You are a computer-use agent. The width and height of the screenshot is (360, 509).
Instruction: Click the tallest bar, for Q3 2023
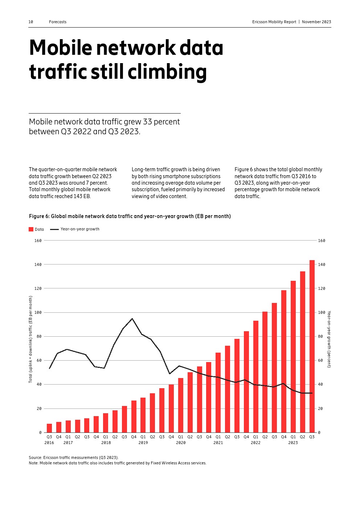(x=312, y=346)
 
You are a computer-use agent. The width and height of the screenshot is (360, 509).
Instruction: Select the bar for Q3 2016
(x=49, y=428)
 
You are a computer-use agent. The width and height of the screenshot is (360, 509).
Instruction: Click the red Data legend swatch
(x=31, y=229)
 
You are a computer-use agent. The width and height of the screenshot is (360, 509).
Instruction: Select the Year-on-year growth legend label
(x=80, y=229)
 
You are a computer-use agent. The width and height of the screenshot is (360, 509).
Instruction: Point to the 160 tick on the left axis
(x=38, y=241)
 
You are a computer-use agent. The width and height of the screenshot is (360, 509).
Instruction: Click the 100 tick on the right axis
(x=322, y=312)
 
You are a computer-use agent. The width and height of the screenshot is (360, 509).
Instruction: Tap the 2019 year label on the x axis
(x=143, y=443)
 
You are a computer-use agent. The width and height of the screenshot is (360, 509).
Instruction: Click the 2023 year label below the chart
(x=293, y=443)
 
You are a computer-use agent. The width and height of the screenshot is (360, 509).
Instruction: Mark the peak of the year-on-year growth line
(x=132, y=319)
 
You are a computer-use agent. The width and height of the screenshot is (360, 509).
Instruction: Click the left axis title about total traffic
(x=30, y=339)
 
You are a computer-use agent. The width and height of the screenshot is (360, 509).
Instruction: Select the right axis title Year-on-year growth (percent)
(x=329, y=339)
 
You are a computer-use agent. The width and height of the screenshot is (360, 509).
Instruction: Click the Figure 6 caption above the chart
(x=130, y=216)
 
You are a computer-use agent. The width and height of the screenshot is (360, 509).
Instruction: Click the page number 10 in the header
(x=31, y=22)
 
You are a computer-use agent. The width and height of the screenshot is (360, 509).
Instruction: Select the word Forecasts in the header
(x=58, y=22)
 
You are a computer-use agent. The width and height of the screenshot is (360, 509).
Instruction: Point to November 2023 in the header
(x=316, y=22)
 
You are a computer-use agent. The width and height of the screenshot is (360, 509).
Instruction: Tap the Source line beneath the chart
(x=74, y=457)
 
